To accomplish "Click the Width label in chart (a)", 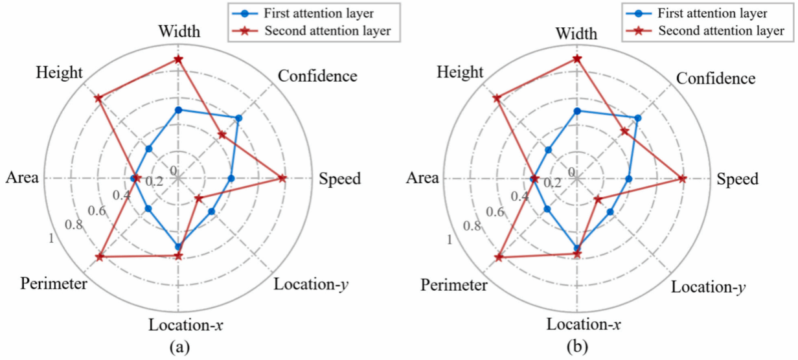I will pos(179,32).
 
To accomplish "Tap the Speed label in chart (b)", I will pos(737,179).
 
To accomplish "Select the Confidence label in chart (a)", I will pos(317,76).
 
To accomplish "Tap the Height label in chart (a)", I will pos(60,72).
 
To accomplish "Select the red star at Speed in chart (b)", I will pos(681,179).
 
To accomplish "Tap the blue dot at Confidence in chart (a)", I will pos(238,118).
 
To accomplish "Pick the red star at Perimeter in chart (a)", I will pos(99,258).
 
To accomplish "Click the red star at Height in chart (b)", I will pos(497,98).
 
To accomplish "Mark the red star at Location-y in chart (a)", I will pos(199,198).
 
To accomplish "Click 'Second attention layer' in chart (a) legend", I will pos(328,30).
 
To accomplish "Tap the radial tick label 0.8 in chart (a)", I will pos(73,225).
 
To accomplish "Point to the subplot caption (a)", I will pos(179,348).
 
